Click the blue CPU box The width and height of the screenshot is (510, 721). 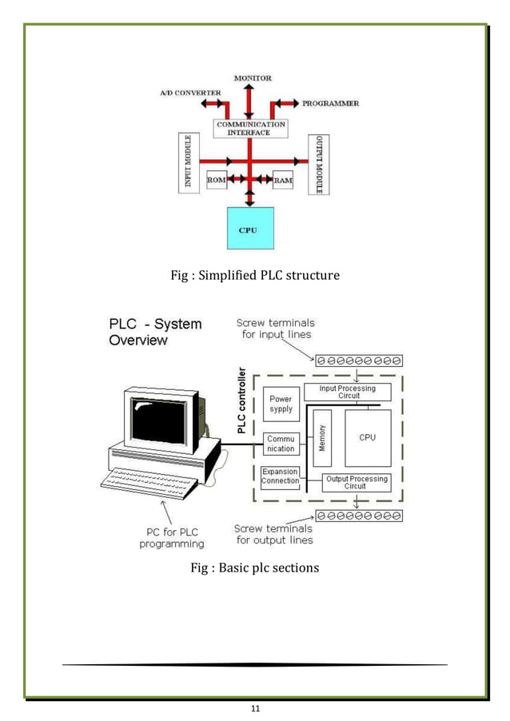250,228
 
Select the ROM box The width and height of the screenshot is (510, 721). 216,180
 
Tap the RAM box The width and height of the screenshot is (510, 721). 283,181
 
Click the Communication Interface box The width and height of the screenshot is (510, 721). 251,128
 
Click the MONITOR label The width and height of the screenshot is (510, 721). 253,78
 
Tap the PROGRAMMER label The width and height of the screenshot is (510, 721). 330,103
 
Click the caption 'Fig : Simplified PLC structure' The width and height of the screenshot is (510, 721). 255,276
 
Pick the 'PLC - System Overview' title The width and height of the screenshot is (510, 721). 155,333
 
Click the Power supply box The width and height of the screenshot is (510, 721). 281,404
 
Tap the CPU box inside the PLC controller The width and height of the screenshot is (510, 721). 368,437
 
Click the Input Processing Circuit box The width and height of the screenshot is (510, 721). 346,392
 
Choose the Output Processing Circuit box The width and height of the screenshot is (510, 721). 355,482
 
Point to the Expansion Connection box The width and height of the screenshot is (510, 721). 281,476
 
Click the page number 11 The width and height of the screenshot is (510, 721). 255,707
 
